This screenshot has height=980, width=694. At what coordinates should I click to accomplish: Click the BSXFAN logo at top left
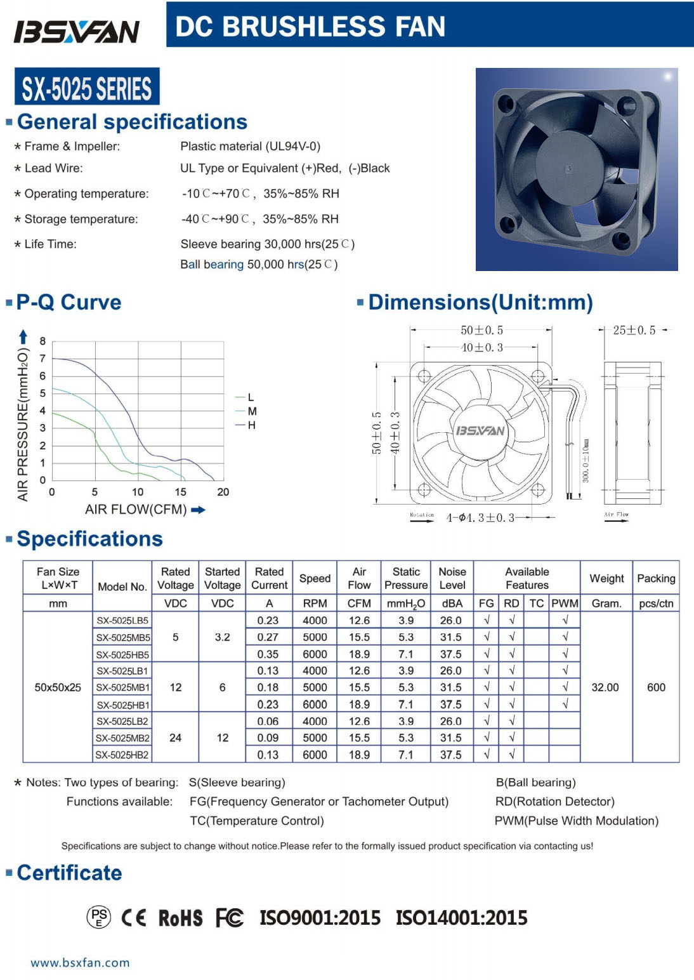tap(77, 31)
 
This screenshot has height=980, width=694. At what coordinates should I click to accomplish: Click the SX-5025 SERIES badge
tap(87, 88)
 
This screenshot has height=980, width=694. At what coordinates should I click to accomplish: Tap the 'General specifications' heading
tap(132, 122)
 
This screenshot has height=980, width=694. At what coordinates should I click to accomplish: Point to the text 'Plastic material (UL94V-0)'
tap(250, 147)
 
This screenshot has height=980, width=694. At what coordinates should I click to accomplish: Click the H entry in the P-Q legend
tap(251, 425)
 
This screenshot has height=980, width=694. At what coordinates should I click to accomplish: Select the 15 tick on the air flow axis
tap(180, 492)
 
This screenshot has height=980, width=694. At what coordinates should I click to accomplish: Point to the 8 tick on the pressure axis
tap(43, 341)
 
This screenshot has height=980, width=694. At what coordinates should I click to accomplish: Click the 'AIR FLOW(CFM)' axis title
tap(136, 510)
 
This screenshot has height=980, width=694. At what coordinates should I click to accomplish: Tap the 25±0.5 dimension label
tap(634, 330)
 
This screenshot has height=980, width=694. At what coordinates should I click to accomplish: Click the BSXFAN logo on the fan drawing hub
tap(480, 431)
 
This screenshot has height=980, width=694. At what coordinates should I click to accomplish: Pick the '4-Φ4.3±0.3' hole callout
tap(480, 518)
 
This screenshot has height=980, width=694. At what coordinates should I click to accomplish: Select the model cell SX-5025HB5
tap(122, 654)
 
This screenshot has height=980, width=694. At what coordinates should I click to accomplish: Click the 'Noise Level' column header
tap(452, 578)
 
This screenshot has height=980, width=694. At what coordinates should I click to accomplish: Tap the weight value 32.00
tap(605, 687)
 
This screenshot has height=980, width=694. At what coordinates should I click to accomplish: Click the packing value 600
tap(656, 687)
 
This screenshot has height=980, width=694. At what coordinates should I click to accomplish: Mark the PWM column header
tap(565, 604)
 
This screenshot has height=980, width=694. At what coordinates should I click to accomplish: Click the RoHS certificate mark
tap(180, 918)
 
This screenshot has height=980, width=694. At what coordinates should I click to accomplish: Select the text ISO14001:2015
tap(461, 918)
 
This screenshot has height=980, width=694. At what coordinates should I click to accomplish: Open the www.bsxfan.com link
tap(80, 963)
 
